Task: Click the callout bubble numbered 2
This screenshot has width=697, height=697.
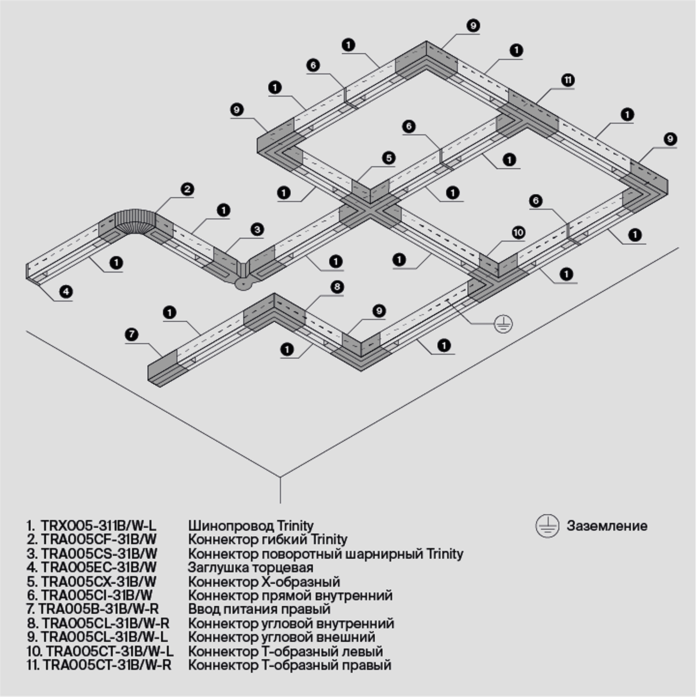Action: point(187,189)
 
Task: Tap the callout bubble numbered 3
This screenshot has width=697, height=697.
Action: point(257,229)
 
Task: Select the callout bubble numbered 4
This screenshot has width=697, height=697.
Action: point(66,291)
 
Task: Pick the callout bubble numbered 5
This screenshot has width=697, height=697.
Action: point(389,158)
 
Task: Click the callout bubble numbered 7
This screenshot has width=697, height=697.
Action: point(131,335)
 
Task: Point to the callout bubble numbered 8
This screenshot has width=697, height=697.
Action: point(337,287)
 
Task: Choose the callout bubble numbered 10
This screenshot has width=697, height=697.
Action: point(518,233)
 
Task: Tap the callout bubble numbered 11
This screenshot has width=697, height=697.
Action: point(567,80)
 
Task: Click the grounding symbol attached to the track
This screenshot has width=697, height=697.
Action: point(503,324)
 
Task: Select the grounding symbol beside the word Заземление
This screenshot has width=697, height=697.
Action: point(547,526)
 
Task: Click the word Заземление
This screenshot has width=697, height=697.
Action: point(607,526)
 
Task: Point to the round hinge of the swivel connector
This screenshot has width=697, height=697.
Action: point(243,284)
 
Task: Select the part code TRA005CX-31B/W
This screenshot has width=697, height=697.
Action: point(99,582)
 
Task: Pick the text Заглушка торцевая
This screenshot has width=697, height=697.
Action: point(250,568)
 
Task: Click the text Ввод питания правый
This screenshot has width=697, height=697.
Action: point(259,609)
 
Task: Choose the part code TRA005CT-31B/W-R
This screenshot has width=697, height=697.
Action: point(107,665)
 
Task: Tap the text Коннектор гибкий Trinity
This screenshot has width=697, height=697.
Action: point(267,540)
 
